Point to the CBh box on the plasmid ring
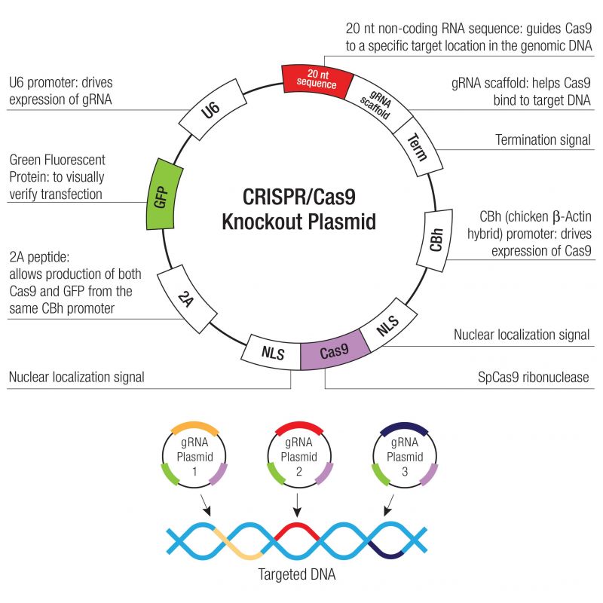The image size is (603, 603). pyautogui.click(x=436, y=240)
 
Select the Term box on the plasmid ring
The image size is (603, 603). pyautogui.click(x=415, y=141)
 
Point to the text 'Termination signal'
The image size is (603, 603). pyautogui.click(x=542, y=140)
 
